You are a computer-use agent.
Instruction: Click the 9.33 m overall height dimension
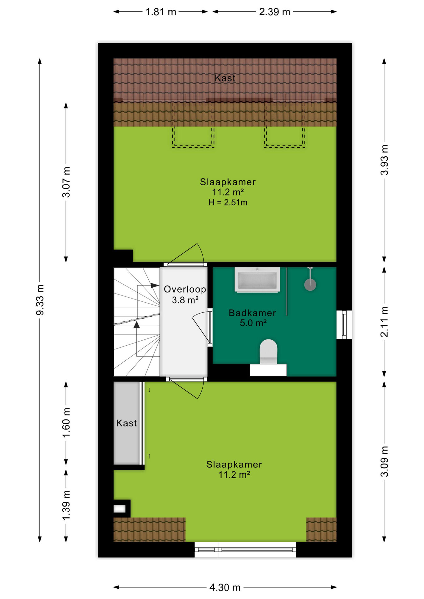40,300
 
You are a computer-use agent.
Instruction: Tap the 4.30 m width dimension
225,587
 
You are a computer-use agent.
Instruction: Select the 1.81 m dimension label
161,12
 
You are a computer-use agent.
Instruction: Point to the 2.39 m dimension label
274,12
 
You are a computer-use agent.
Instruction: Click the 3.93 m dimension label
384,160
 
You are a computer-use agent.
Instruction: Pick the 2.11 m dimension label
384,321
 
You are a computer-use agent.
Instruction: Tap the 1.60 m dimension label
66,422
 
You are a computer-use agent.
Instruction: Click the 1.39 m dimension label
66,505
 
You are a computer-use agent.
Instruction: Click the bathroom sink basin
257,280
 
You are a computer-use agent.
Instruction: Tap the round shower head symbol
310,285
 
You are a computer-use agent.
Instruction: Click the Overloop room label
185,289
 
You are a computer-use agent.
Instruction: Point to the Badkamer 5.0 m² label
253,318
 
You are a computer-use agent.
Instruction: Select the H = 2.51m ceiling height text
228,202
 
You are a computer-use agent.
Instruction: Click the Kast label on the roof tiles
225,78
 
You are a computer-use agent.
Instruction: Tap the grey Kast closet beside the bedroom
126,423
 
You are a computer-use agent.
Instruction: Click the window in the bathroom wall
344,324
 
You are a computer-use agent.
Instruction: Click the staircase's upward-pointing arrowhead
136,325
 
